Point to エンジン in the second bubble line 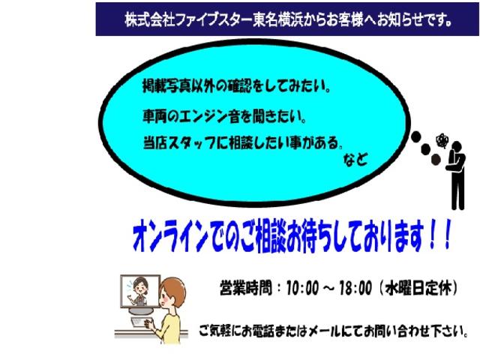(202, 117)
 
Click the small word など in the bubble (355, 160)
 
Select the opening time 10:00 (302, 288)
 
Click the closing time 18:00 (355, 288)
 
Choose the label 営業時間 (245, 288)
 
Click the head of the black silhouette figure (457, 145)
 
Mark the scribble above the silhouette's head (442, 140)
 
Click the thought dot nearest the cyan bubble (415, 136)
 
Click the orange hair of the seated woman (173, 290)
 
